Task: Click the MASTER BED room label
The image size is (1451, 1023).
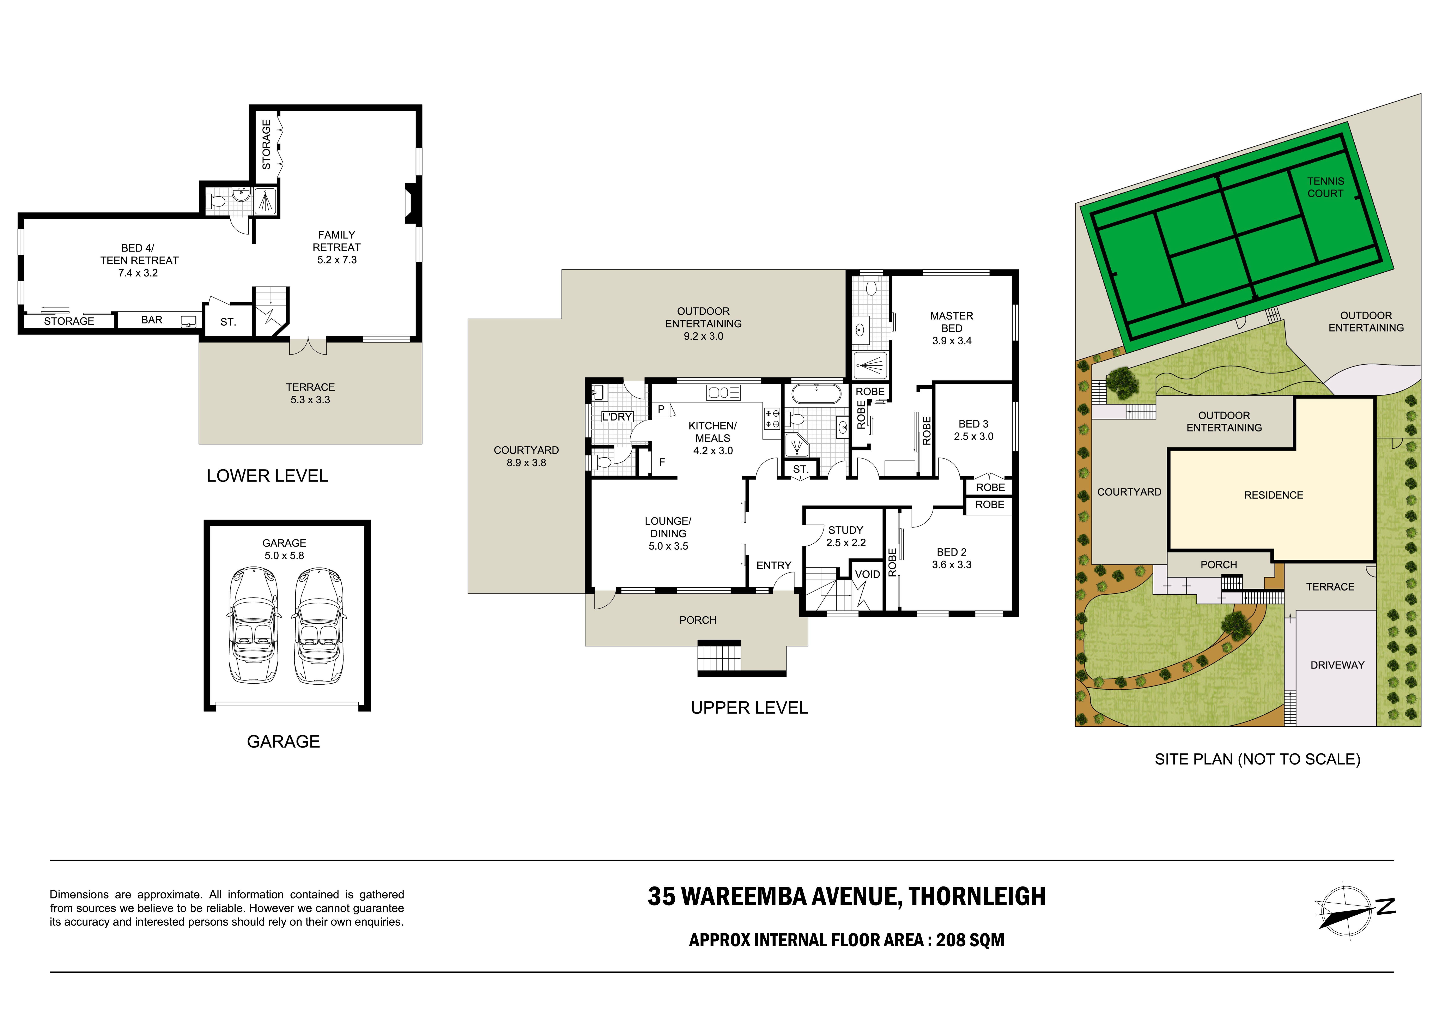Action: click(952, 322)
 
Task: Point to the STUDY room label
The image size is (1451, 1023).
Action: click(846, 530)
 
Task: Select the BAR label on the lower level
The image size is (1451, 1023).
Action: click(152, 320)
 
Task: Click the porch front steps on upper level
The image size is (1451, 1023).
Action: click(719, 658)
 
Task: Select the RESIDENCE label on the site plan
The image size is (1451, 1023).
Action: click(1273, 495)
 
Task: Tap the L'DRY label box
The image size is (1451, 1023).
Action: click(617, 416)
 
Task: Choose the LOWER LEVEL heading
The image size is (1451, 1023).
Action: click(267, 476)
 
